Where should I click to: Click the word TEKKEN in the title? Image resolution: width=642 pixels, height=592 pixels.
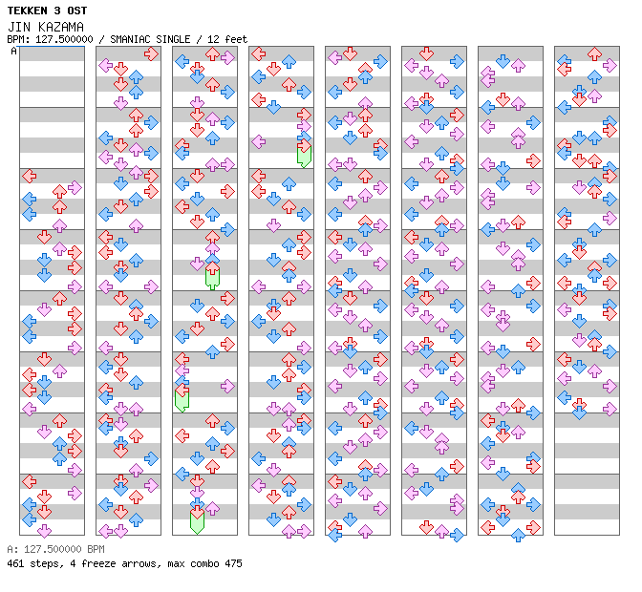[27, 11]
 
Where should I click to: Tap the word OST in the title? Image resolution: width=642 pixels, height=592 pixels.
[75, 11]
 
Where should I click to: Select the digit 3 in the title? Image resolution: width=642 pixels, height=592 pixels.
[54, 11]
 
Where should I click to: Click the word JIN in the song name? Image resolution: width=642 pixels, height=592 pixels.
[18, 27]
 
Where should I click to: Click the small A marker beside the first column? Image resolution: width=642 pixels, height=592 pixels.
[14, 51]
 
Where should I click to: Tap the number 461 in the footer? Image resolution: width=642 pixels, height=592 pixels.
[15, 563]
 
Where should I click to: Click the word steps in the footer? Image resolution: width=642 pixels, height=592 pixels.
[43, 563]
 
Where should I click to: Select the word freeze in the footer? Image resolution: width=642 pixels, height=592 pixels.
[89, 563]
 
